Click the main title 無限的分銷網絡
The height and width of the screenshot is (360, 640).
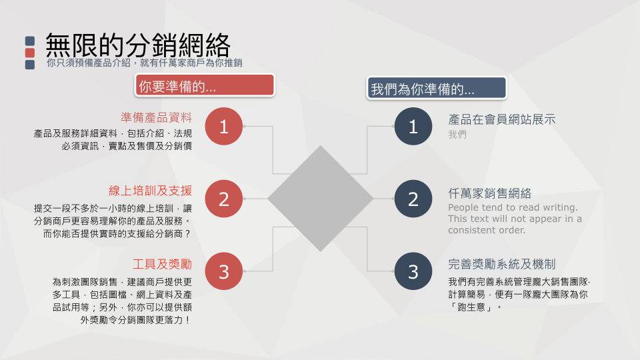click(137, 45)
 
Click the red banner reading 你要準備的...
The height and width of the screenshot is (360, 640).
click(205, 85)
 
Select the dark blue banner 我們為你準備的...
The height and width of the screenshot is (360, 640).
click(437, 88)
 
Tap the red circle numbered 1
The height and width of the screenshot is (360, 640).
click(224, 127)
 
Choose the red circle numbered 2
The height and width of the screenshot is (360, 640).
click(224, 199)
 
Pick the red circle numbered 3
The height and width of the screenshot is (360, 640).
click(224, 271)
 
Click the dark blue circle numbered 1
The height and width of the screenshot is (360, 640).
click(413, 127)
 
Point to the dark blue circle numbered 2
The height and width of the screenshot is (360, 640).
click(413, 199)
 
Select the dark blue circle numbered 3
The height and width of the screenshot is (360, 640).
click(413, 271)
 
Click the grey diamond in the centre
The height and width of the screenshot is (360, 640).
click(321, 199)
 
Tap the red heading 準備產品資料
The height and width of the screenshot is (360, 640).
click(156, 117)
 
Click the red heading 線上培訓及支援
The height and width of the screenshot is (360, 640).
click(150, 191)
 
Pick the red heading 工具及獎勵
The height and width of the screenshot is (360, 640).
click(162, 264)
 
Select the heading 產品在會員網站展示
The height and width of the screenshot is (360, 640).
click(501, 119)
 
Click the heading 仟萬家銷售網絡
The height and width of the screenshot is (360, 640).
click(490, 193)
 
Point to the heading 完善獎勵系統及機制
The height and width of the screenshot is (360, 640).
click(501, 264)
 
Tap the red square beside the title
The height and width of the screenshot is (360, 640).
click(30, 53)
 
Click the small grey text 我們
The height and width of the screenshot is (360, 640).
click(457, 134)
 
